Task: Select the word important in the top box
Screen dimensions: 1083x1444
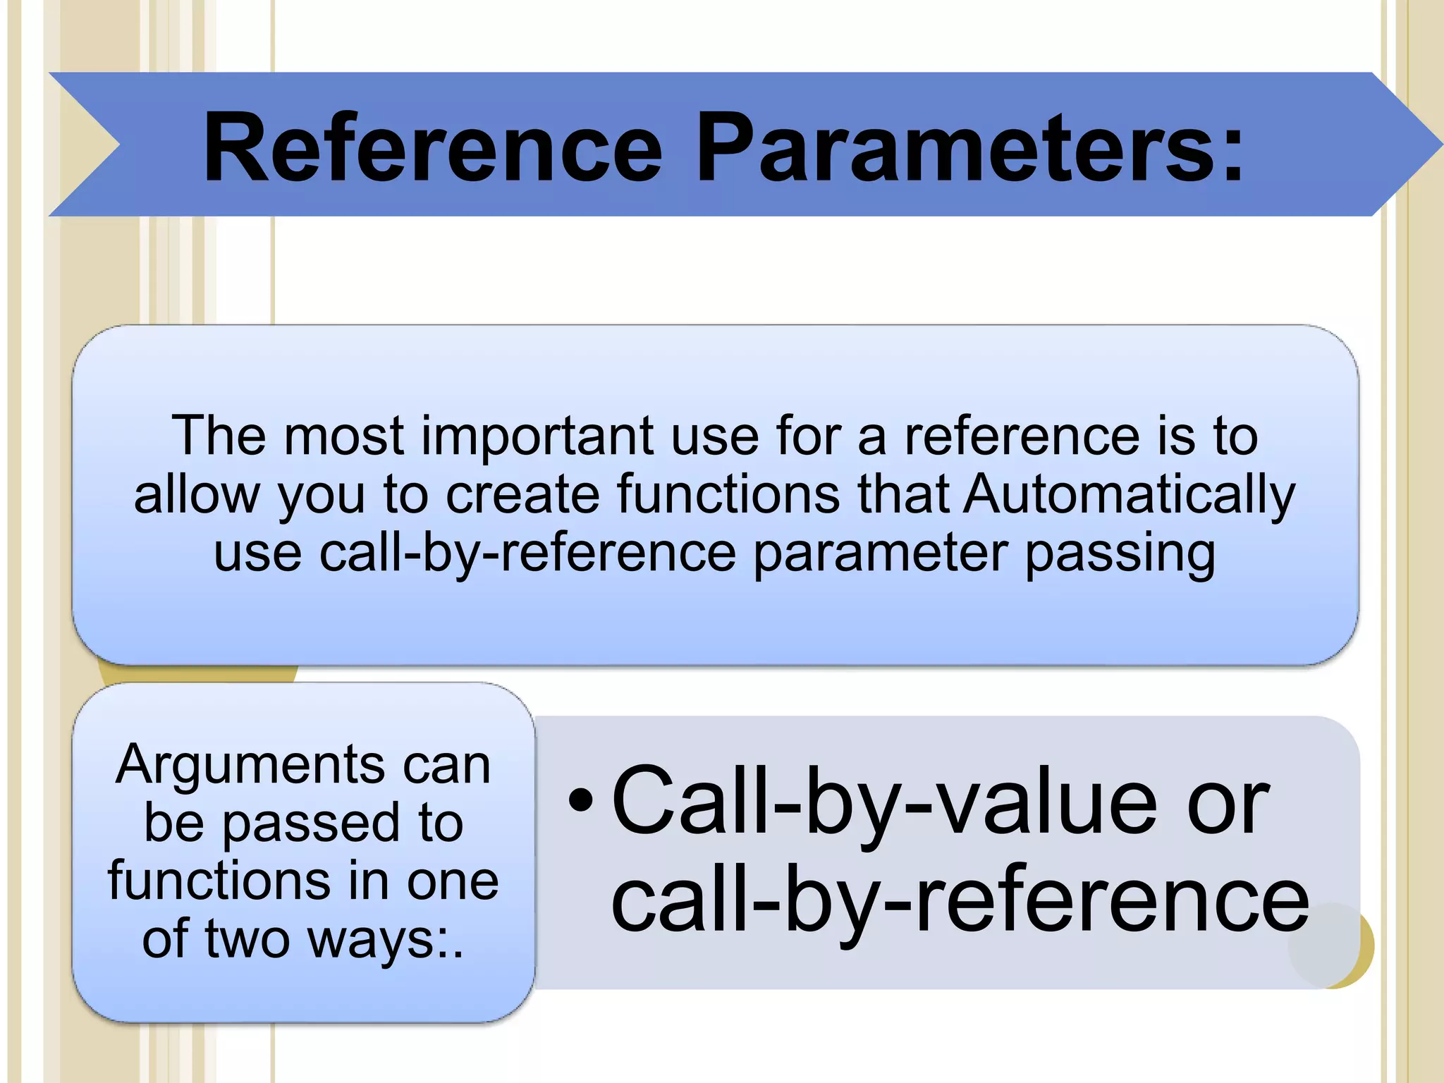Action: coord(537,436)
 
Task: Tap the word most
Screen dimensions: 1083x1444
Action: coord(343,436)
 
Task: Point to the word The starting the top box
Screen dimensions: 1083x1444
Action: coord(219,436)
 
